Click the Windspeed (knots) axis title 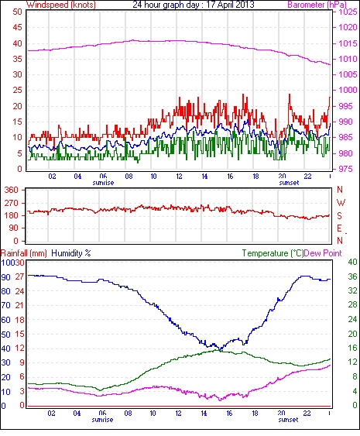tap(61, 5)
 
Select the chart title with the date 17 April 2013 tap(194, 5)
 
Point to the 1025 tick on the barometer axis tap(348, 12)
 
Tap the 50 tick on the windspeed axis tap(17, 12)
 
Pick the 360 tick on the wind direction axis tap(12, 191)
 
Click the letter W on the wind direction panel tap(341, 203)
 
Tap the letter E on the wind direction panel tap(339, 228)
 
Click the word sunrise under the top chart tap(103, 183)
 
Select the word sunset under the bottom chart tap(288, 420)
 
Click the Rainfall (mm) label tap(24, 253)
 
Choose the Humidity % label tap(71, 253)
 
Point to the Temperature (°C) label tap(273, 253)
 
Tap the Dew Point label tap(323, 253)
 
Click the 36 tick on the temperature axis tap(352, 276)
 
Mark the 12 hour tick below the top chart tap(179, 177)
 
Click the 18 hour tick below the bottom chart tap(255, 414)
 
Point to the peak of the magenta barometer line tap(132, 40)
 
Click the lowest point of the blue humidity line tap(221, 349)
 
